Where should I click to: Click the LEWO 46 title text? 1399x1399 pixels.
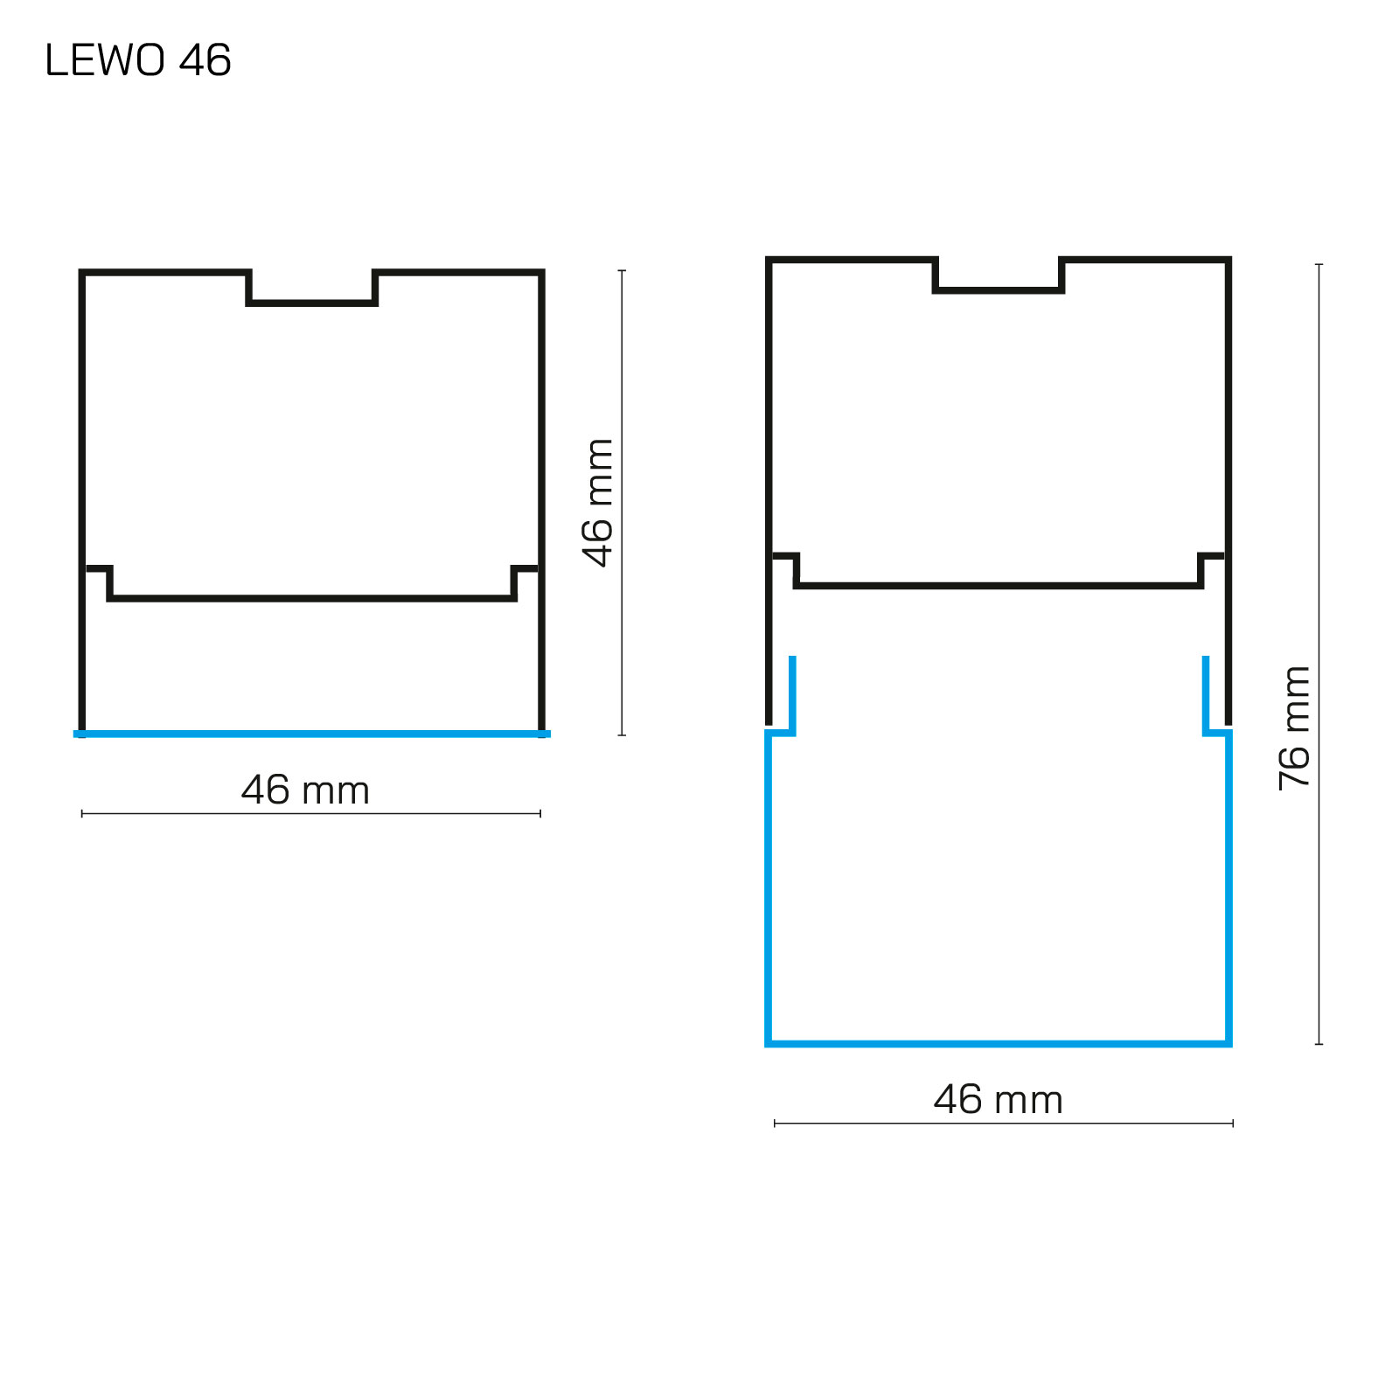[x=138, y=60]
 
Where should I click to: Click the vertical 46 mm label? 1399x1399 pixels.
[x=598, y=503]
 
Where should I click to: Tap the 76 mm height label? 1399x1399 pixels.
[x=1294, y=728]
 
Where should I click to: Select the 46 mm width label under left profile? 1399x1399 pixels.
[x=305, y=790]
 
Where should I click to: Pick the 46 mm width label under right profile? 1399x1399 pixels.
[x=998, y=1099]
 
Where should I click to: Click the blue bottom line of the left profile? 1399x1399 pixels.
[x=312, y=734]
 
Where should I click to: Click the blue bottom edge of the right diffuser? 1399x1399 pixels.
[x=999, y=1043]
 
